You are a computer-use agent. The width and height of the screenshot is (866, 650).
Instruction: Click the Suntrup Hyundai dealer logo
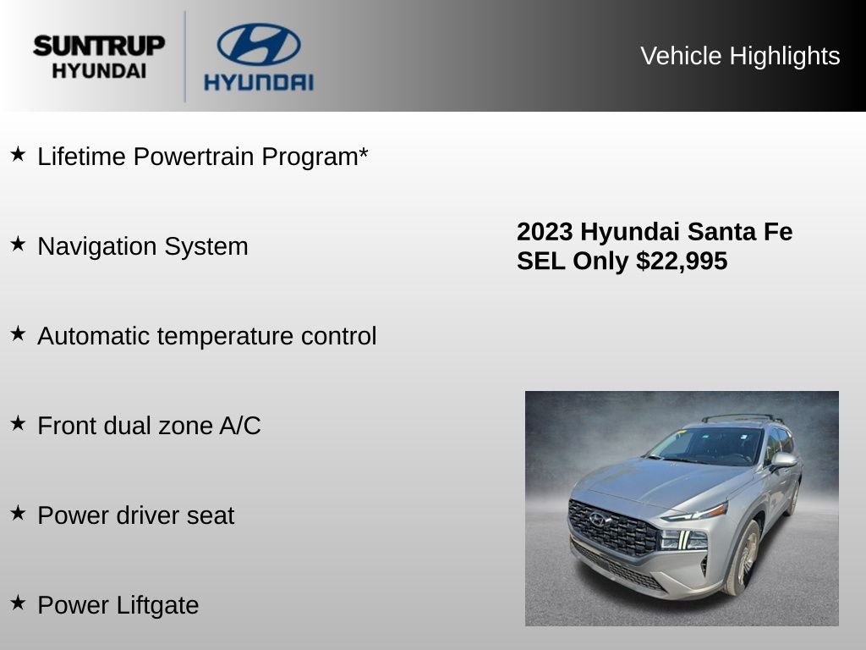tap(99, 57)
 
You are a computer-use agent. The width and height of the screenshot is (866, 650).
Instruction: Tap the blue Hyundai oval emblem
tap(259, 44)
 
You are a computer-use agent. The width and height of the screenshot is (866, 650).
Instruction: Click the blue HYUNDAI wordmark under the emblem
tap(259, 82)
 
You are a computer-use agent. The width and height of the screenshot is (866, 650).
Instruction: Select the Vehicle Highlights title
tap(740, 56)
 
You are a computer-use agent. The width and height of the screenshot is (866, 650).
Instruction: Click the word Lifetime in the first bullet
tap(81, 157)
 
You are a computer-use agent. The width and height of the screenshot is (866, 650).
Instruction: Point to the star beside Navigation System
tap(19, 243)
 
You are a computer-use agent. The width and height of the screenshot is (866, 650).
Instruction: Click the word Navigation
tap(96, 247)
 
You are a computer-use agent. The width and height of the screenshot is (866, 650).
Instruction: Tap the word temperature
tap(225, 337)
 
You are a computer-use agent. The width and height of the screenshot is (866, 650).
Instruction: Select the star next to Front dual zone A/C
tap(19, 423)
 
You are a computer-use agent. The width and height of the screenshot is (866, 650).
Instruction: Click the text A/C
tap(240, 426)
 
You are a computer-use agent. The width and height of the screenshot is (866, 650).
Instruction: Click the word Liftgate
tap(157, 605)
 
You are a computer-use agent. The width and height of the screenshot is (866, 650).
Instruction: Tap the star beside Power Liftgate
tap(19, 602)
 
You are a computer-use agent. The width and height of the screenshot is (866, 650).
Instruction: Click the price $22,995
tap(682, 262)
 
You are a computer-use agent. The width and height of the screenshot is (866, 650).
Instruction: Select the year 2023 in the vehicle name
tap(545, 232)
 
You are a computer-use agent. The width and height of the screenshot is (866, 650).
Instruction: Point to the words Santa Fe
tap(740, 232)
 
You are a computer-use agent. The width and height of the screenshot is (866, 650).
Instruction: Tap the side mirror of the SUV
tap(784, 460)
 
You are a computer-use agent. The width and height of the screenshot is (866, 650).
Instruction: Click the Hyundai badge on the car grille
tap(598, 520)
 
